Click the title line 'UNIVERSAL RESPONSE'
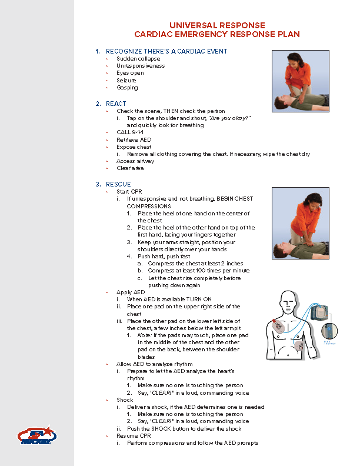coord(217,26)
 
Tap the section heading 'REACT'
coord(116,104)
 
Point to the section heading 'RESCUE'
coord(118,184)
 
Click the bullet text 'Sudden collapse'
coord(138,59)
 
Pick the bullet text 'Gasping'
coord(127,88)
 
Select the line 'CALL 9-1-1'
coord(129,132)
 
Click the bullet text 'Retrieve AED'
coord(134,139)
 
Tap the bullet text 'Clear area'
coord(130,168)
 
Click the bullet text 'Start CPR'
coord(129,192)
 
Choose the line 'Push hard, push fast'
coord(164,257)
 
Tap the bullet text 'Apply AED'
coord(130,292)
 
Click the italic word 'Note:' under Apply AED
coord(145,335)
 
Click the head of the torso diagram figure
coord(289,304)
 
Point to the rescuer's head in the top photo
coord(292,59)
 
